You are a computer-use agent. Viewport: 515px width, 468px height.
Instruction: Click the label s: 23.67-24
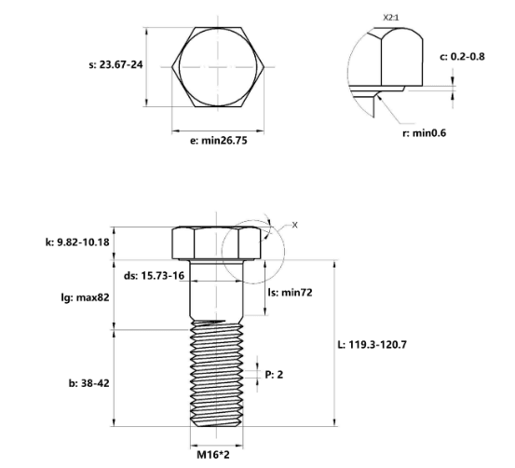click(115, 64)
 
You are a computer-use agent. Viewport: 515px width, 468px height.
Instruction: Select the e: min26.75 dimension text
click(219, 141)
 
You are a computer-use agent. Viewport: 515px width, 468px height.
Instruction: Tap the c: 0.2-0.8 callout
click(462, 57)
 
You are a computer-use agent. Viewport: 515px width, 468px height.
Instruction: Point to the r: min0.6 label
click(425, 133)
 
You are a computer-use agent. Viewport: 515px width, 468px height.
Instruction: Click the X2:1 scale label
click(391, 18)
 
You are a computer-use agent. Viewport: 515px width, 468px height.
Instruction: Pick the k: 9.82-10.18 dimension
click(77, 242)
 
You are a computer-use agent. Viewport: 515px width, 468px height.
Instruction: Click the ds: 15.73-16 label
click(154, 276)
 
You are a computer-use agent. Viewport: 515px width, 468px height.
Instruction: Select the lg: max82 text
click(85, 298)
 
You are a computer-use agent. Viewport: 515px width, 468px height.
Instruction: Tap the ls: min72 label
click(290, 293)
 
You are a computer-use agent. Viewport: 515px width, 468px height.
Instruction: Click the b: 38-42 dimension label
click(89, 383)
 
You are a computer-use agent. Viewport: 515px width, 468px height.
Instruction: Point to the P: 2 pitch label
click(274, 375)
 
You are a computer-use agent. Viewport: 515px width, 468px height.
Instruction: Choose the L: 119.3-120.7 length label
click(373, 345)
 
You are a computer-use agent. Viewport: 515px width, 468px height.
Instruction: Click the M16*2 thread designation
click(213, 455)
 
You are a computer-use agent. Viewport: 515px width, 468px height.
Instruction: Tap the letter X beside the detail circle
click(295, 226)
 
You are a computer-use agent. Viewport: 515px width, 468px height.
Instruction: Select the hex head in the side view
click(216, 243)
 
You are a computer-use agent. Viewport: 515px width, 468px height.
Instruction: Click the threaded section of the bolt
click(217, 374)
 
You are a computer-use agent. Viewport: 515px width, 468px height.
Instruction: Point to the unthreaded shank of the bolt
click(217, 290)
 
